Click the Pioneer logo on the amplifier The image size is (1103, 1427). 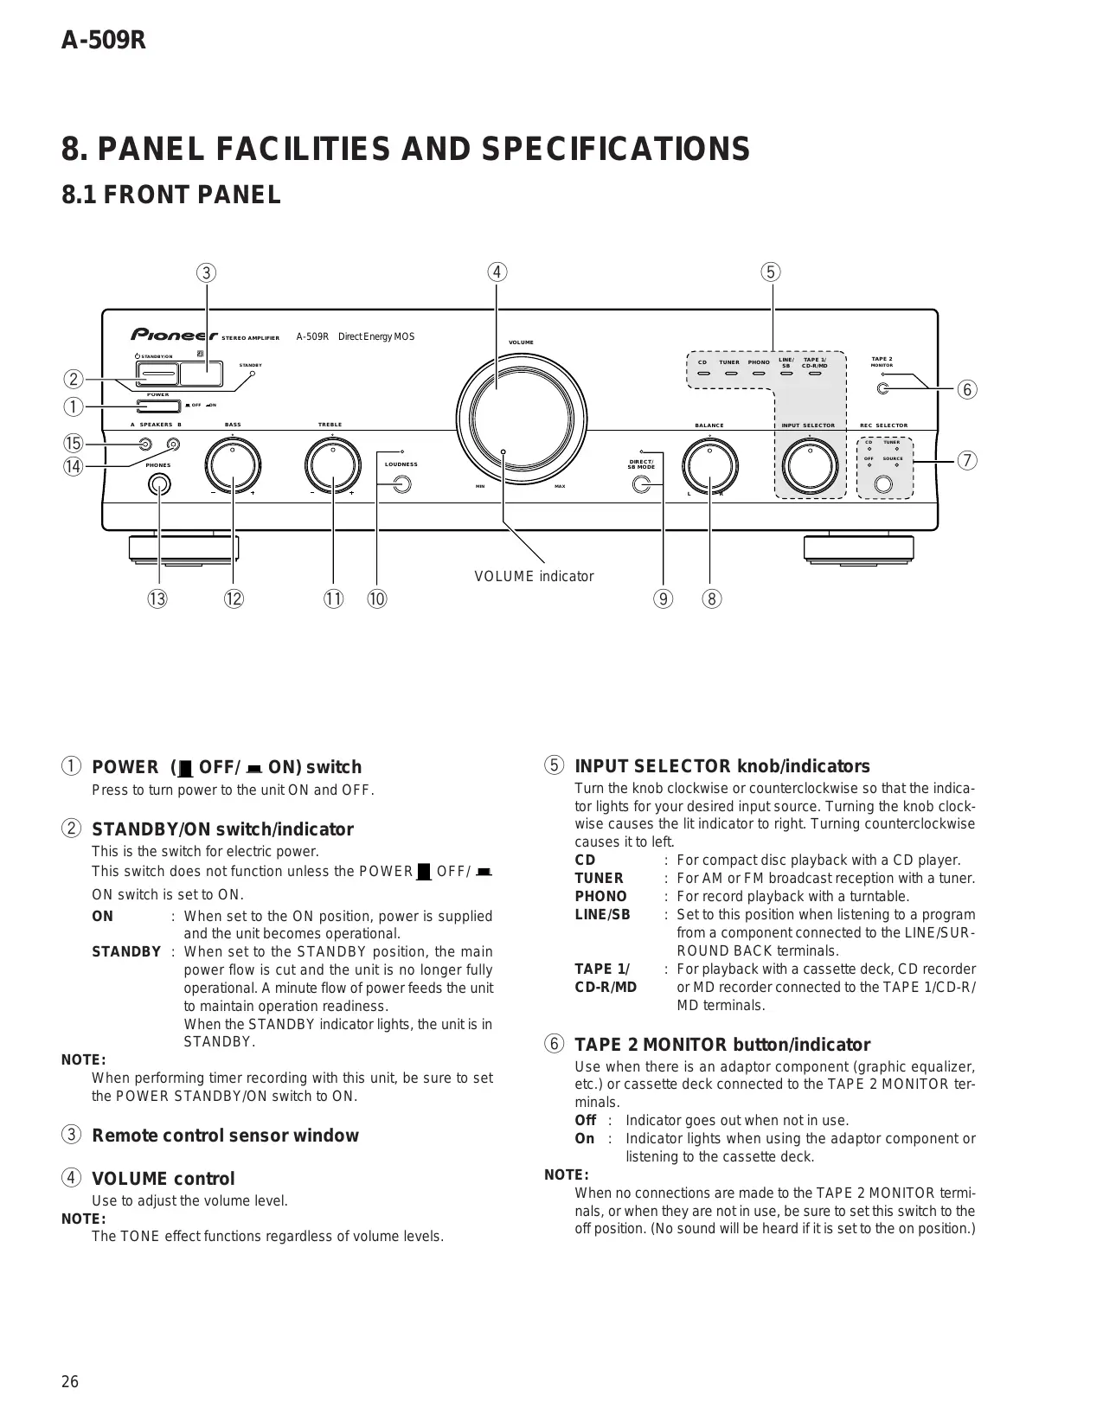[x=174, y=335]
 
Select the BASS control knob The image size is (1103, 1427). [x=233, y=468]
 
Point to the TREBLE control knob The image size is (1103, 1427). [x=333, y=468]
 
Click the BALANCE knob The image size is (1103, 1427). [x=709, y=468]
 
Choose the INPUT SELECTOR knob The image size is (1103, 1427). [x=810, y=468]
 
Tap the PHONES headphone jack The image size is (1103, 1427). [x=158, y=485]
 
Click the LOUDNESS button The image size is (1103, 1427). [x=401, y=485]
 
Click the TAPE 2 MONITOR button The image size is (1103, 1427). [x=882, y=388]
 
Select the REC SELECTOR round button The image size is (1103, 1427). [x=883, y=484]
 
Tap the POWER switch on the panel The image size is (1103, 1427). [x=158, y=406]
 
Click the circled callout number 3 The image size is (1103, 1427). [x=206, y=272]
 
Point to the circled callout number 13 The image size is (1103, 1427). [x=157, y=598]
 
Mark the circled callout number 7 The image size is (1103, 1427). [x=967, y=460]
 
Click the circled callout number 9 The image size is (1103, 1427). [x=663, y=598]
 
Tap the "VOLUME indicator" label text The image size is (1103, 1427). [x=534, y=577]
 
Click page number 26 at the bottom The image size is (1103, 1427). [x=70, y=1382]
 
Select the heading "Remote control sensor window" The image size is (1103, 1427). [x=225, y=1136]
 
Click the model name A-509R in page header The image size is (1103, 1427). [x=103, y=41]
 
